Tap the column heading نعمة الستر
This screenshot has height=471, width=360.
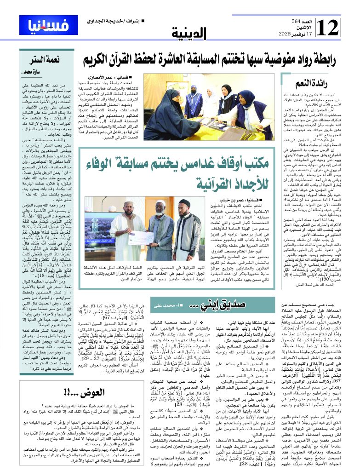coord(44,59)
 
